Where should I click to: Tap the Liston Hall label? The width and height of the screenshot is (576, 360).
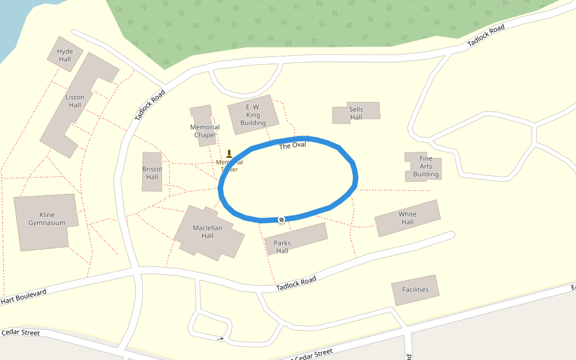click(x=75, y=101)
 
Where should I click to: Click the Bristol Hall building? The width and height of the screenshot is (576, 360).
click(x=152, y=173)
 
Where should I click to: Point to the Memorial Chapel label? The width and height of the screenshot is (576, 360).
click(x=205, y=131)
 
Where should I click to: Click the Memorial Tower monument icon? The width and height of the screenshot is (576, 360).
click(x=229, y=154)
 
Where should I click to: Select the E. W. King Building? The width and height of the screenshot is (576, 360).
click(x=253, y=115)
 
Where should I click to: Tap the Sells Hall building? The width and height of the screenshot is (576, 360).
click(x=356, y=113)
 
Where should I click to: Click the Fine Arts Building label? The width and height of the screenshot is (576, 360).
click(x=425, y=166)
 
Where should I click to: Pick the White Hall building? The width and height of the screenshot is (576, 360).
click(x=407, y=218)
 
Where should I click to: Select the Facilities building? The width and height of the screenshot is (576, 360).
click(x=415, y=290)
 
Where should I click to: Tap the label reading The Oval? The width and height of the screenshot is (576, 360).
click(x=292, y=146)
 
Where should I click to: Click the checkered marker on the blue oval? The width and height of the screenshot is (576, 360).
click(x=281, y=219)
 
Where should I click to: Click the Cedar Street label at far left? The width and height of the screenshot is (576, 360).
click(x=20, y=332)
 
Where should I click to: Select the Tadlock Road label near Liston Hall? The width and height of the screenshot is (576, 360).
click(x=149, y=106)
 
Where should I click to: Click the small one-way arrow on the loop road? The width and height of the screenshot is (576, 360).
click(x=221, y=339)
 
